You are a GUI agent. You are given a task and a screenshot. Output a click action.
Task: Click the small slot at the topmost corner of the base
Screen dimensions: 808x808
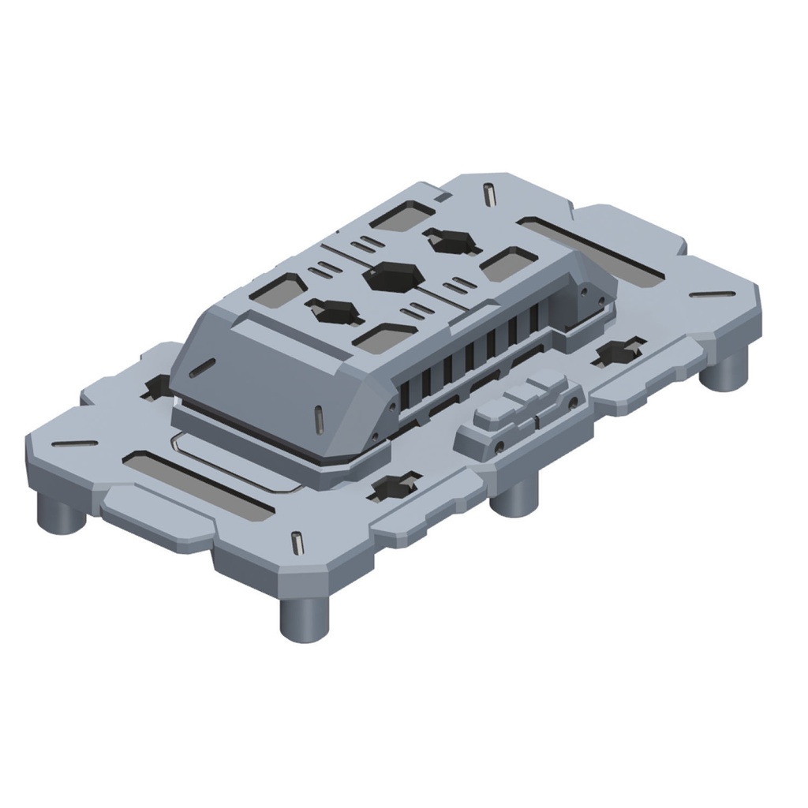pos(490,193)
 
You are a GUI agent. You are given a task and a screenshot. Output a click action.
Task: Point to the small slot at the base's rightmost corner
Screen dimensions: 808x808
pos(713,295)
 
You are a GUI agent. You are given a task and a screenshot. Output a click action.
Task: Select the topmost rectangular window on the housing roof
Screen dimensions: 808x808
pos(402,214)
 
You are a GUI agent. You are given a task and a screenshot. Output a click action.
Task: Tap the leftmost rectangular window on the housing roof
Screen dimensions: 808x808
pos(278,290)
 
